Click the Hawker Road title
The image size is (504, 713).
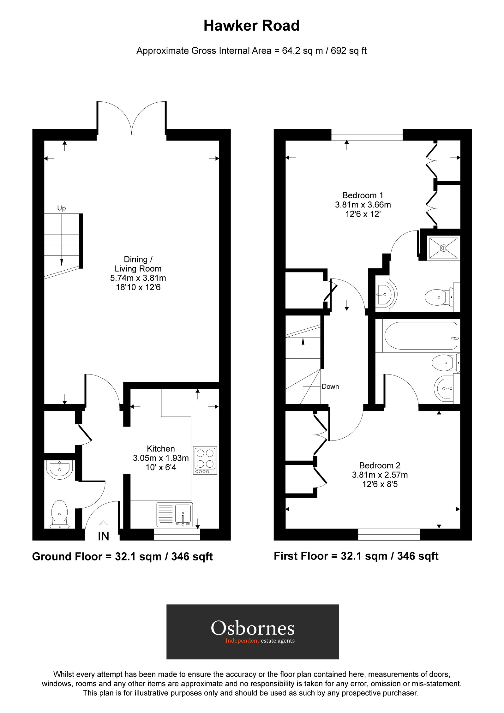click(251, 26)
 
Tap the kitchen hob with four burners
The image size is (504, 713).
click(205, 460)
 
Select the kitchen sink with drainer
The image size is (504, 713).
click(175, 514)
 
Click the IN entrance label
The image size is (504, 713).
click(103, 536)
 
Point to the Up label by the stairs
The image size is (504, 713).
click(61, 208)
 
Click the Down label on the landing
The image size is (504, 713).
click(330, 386)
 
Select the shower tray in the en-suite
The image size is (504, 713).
click(443, 248)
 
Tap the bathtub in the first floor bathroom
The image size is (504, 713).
click(421, 336)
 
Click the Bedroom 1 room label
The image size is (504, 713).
click(363, 195)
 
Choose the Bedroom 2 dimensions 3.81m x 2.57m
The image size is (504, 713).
click(380, 475)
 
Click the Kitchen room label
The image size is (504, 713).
click(160, 449)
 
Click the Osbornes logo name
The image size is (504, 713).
click(253, 628)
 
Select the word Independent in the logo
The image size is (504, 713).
click(242, 641)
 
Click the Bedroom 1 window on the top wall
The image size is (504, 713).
click(367, 135)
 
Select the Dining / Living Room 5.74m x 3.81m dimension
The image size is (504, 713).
click(138, 278)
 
